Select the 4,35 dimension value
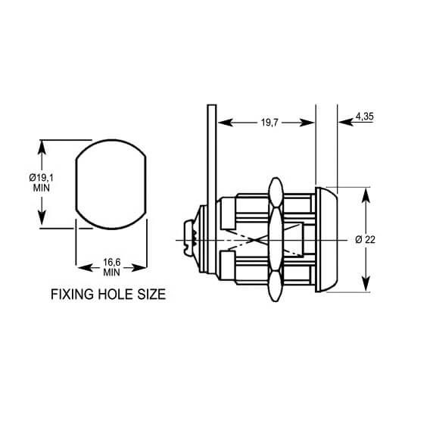(x=363, y=116)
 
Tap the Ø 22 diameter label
(x=366, y=239)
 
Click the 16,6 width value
(x=111, y=261)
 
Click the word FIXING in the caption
(x=71, y=294)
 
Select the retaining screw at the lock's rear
(x=192, y=239)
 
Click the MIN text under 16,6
(x=111, y=271)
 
